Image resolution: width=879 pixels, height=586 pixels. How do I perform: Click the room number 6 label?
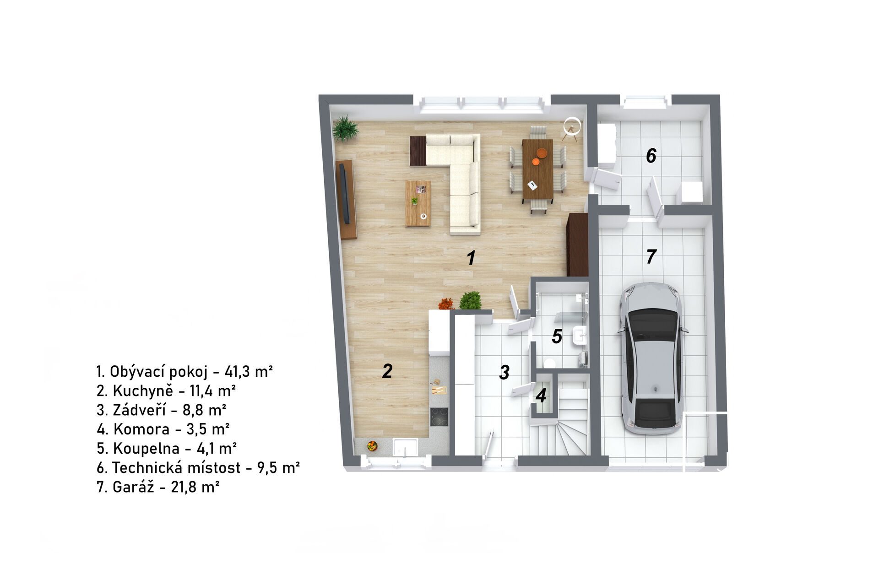pos(651,156)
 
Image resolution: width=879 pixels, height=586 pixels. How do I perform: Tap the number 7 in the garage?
pos(651,256)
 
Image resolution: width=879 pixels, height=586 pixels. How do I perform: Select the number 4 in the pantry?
pos(541,396)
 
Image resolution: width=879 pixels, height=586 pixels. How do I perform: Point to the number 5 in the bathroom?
pos(557,336)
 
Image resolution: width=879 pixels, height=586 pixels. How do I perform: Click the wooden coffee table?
pos(418,203)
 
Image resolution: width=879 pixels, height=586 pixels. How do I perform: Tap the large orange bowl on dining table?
pos(542,153)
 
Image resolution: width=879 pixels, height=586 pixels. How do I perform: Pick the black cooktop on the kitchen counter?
pos(439,417)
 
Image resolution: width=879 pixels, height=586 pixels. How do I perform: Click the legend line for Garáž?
pos(158,487)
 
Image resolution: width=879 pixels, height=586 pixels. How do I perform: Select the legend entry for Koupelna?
pos(167,448)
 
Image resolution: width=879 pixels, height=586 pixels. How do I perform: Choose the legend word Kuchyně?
pos(143,391)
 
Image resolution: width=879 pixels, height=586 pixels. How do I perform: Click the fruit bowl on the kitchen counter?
pos(372,445)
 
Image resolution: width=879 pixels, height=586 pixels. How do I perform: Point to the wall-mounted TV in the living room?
pos(346,194)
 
